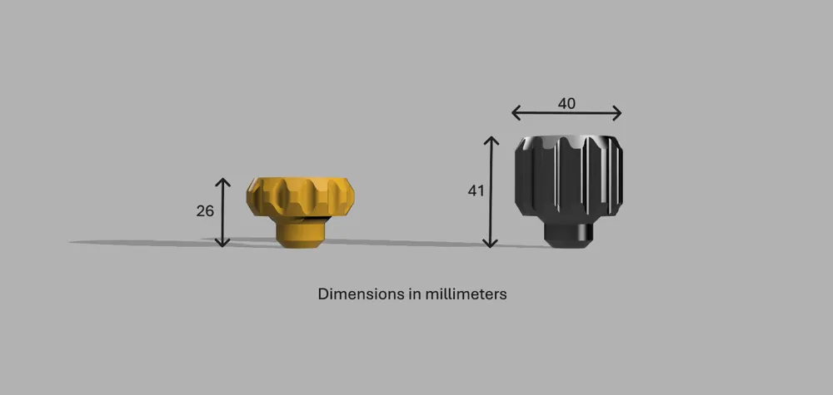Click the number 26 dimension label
pos(205,211)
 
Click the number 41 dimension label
pos(476,191)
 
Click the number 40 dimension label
pos(566,104)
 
